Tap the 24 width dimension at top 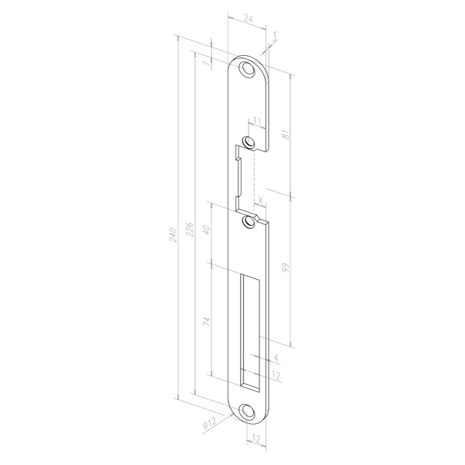click(x=248, y=19)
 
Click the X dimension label click(x=261, y=201)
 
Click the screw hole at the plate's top click(x=249, y=69)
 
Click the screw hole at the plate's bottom click(x=249, y=412)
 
